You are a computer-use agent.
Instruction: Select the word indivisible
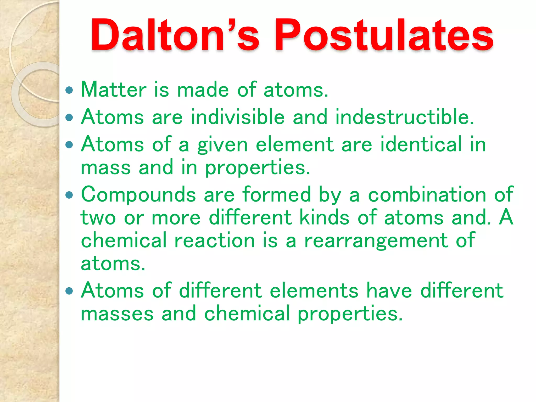tap(238, 117)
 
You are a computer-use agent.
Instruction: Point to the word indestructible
tap(404, 117)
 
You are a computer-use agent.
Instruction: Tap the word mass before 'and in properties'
tap(106, 168)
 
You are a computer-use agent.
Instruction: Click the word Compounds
tap(138, 195)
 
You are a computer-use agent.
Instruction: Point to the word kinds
tap(324, 217)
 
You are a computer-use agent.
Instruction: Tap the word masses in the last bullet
tap(117, 314)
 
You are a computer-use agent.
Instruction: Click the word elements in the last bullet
tap(314, 291)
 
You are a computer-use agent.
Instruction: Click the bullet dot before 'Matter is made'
tap(69, 90)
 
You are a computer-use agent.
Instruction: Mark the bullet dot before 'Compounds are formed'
tap(69, 195)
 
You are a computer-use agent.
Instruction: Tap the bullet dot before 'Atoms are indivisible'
tap(69, 117)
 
